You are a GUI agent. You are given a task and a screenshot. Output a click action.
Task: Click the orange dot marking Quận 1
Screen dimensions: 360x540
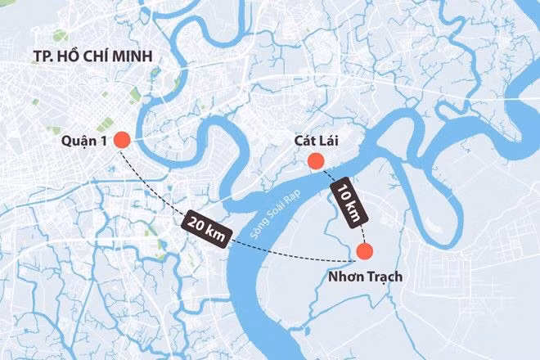121,141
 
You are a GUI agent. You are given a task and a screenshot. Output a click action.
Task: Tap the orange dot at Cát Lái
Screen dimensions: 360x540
315,164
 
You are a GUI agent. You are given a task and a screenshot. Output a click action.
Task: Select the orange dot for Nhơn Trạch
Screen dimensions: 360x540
365,252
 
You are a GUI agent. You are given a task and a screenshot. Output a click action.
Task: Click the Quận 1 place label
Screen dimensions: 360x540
84,141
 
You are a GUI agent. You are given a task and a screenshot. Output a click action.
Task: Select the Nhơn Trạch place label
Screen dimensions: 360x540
364,277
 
